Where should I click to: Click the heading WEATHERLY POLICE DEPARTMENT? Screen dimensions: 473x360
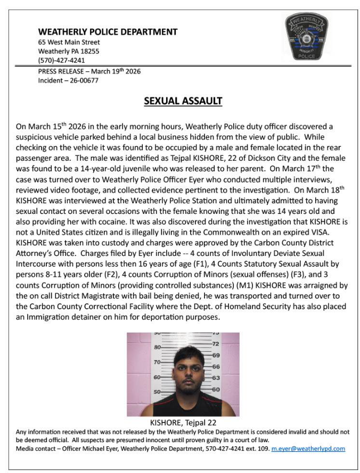pyautogui.click(x=108, y=32)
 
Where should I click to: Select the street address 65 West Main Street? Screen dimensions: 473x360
pyautogui.click(x=69, y=42)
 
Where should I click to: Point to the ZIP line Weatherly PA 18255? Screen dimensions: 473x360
pyautogui.click(x=69, y=51)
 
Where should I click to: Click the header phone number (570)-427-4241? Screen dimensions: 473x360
pyautogui.click(x=61, y=60)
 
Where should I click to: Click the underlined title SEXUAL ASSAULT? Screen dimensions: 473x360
pyautogui.click(x=183, y=101)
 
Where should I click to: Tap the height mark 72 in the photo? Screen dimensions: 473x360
pyautogui.click(x=216, y=344)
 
